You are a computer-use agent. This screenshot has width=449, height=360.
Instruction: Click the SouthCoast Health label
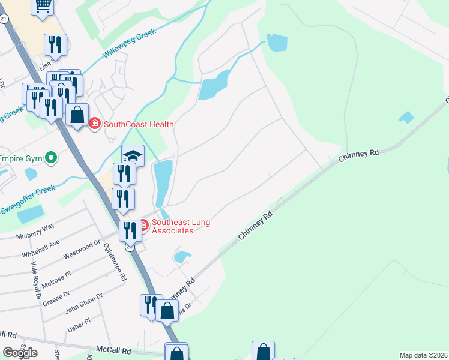(139, 124)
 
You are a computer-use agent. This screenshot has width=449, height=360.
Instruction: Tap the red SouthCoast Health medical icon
(94, 124)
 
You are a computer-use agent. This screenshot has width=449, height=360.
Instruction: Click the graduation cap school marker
(133, 156)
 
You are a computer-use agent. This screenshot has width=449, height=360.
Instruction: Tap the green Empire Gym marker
(51, 158)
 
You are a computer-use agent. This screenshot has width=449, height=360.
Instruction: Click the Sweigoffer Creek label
(27, 198)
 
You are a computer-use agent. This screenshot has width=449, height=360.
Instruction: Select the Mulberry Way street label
(36, 227)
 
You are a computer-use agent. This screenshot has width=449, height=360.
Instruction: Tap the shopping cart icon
(43, 5)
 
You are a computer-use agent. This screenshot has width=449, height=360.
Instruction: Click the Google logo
(20, 353)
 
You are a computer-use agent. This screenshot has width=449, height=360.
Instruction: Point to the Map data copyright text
(423, 355)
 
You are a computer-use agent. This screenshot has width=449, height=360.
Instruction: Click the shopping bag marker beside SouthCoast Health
(77, 114)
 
